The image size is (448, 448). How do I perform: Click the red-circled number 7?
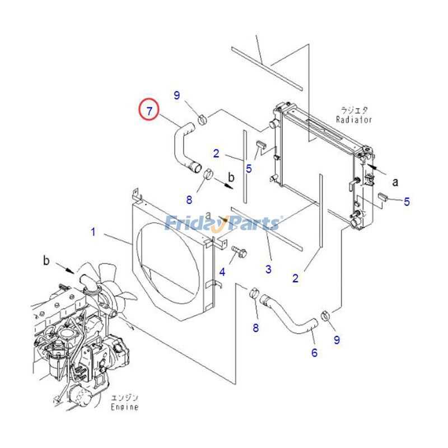(150, 110)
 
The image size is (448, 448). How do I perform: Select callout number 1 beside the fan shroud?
(94, 231)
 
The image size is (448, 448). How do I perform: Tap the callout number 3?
(268, 269)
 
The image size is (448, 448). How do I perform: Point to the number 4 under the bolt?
(222, 273)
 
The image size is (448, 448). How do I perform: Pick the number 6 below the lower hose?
(314, 353)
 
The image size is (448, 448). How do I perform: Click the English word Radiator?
(354, 119)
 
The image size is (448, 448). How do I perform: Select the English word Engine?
(124, 407)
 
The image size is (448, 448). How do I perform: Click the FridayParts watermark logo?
(223, 223)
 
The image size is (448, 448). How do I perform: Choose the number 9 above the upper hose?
(177, 96)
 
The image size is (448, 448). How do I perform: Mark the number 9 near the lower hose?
(337, 339)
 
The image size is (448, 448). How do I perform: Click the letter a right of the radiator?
(395, 181)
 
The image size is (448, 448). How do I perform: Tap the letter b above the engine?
(47, 260)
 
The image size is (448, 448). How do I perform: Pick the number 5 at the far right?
(407, 202)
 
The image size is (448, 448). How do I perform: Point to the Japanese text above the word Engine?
(124, 398)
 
